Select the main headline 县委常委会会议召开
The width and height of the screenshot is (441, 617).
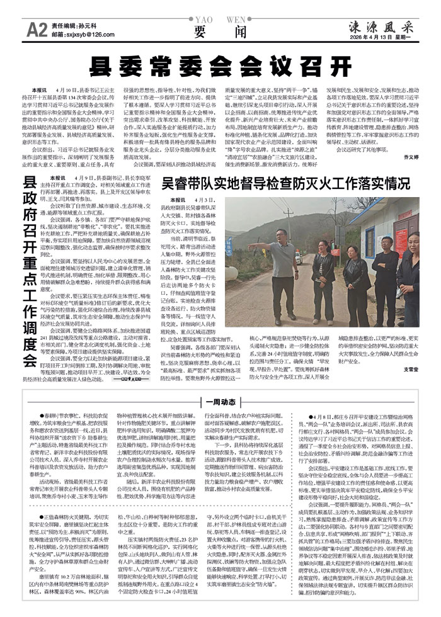click(x=220, y=65)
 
